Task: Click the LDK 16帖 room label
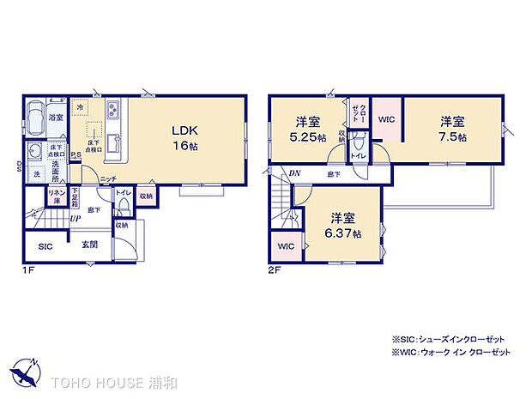pos(184,138)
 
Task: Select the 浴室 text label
pos(56,118)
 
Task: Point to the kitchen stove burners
pos(112,111)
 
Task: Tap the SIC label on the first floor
pos(45,246)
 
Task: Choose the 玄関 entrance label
pos(89,246)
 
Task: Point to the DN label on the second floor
pos(294,174)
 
